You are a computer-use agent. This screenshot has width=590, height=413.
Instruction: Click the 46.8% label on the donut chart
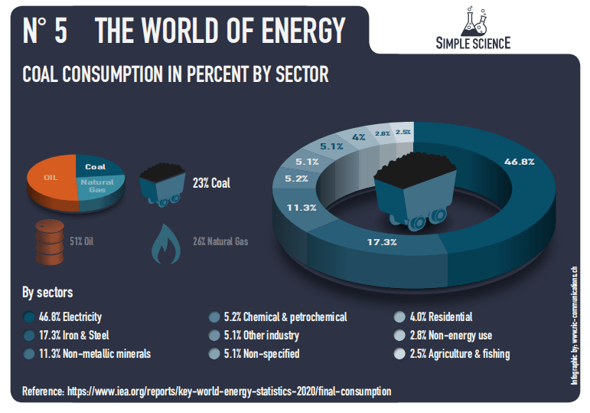tap(519, 162)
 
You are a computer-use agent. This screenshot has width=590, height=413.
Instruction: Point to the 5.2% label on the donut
tap(296, 179)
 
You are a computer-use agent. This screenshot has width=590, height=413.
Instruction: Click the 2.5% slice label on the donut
tap(403, 132)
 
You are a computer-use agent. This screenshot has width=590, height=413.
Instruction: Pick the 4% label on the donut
tap(358, 137)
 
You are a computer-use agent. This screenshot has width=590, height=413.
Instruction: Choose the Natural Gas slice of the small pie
tap(98, 186)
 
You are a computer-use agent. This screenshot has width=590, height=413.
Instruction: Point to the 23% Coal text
tap(212, 183)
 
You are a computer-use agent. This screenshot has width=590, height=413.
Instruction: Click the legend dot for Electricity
tap(29, 316)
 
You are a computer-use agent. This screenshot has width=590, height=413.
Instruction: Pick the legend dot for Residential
tap(399, 316)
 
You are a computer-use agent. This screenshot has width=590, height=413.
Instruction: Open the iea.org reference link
tap(229, 391)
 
